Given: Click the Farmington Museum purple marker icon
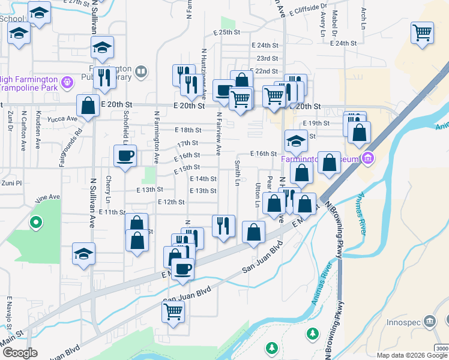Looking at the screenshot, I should tap(368, 159).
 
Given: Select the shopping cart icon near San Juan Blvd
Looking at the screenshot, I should tap(173, 311).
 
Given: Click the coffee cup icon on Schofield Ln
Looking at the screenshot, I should tap(125, 156).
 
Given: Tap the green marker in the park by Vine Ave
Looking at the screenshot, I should tap(36, 224).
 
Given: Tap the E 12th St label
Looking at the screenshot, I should tap(171, 202).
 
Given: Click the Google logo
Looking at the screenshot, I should tap(20, 353).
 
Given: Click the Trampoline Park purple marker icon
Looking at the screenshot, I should tap(67, 80).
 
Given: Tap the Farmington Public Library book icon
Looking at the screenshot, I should tap(141, 73).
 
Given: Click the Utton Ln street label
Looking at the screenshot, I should tap(258, 194).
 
